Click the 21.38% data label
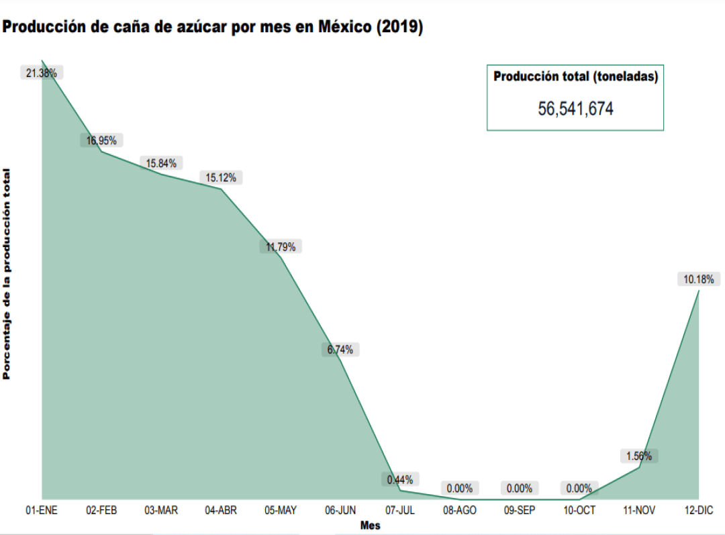click(x=42, y=73)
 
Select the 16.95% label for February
click(x=101, y=140)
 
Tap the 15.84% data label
click(x=161, y=163)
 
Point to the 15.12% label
click(x=221, y=178)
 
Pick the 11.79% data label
click(x=281, y=246)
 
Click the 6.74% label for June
click(x=340, y=350)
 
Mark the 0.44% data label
click(x=400, y=479)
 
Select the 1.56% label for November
click(x=639, y=456)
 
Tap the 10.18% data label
click(x=699, y=279)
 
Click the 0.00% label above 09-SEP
click(x=520, y=489)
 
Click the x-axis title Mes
click(x=370, y=526)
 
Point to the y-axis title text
click(x=7, y=273)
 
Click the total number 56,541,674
click(x=575, y=109)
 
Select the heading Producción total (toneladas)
click(x=575, y=77)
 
